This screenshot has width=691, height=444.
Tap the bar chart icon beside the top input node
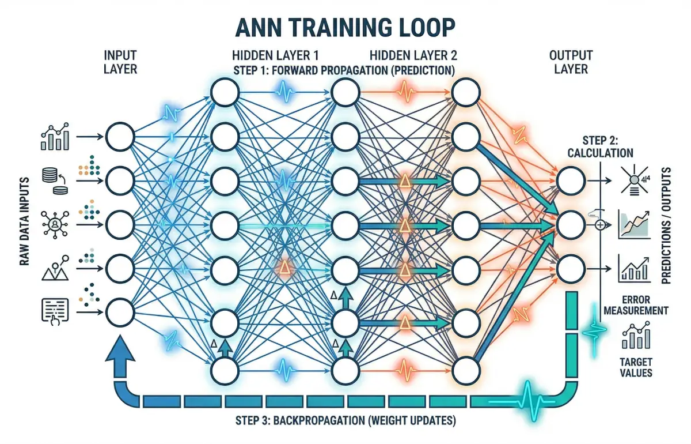point(55,136)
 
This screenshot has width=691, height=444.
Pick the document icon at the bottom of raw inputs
point(55,311)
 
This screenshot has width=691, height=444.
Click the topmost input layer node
point(119,137)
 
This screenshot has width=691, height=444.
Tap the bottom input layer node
point(119,312)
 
